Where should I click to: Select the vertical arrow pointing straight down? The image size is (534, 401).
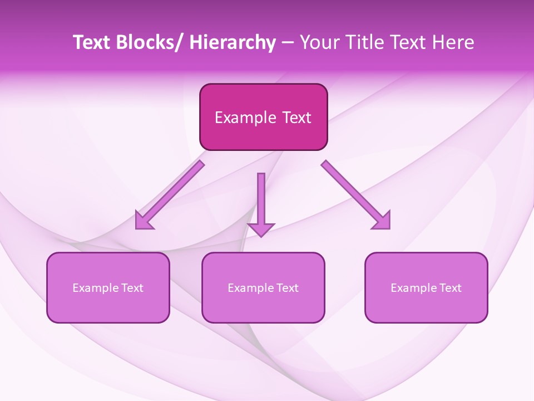[261, 203]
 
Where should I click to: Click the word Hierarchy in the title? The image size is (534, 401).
[233, 42]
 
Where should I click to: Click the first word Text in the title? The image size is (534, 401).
[92, 42]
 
